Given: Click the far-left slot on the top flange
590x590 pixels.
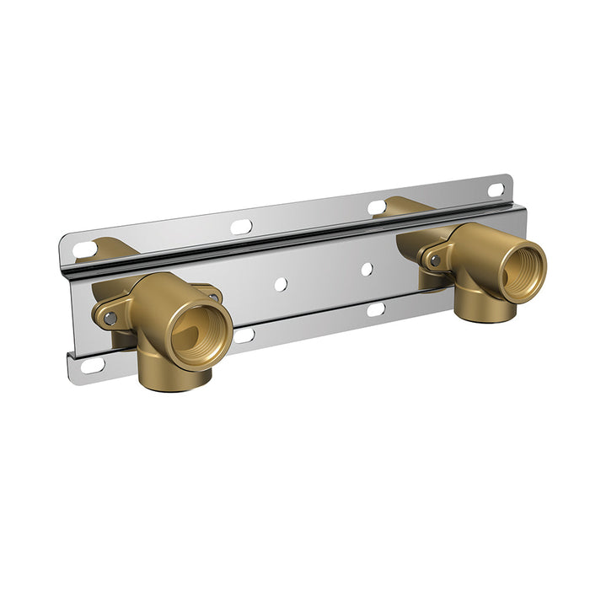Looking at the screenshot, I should point(85,249).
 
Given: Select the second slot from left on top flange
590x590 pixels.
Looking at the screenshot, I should point(241,226).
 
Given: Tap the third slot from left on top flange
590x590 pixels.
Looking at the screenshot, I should point(377,206).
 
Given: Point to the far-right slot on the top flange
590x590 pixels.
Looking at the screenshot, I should point(496,190).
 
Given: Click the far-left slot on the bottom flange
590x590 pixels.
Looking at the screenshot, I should point(92,365).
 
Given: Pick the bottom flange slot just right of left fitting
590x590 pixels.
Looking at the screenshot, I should point(244,335).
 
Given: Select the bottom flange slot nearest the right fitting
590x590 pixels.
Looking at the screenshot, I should point(376,309).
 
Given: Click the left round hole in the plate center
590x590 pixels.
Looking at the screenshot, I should point(281,284).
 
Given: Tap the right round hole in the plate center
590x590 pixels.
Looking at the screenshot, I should point(367,269).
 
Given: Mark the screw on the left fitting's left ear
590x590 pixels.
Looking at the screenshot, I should point(110,318).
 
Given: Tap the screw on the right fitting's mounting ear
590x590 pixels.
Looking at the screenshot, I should point(435,260).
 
